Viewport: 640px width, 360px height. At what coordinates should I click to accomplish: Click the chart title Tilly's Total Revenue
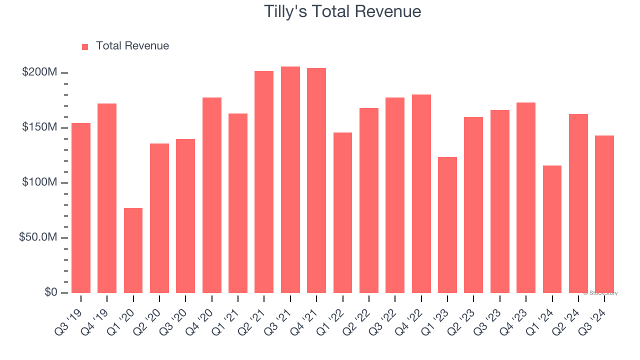(x=342, y=11)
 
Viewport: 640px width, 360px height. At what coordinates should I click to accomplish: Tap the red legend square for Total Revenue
(x=85, y=46)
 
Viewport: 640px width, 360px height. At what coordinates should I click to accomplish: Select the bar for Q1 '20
(x=133, y=250)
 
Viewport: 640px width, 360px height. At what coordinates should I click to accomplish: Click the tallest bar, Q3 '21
(x=290, y=180)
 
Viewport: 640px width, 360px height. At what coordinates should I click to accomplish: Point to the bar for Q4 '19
(x=107, y=198)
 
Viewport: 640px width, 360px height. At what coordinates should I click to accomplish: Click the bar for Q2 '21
(x=264, y=182)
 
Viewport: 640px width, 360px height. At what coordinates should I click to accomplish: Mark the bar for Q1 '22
(x=342, y=212)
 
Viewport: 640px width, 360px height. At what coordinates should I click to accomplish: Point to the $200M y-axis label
(x=39, y=72)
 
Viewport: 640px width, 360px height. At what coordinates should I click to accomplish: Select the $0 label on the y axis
(x=50, y=292)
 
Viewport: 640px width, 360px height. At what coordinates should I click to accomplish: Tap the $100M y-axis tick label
(x=39, y=182)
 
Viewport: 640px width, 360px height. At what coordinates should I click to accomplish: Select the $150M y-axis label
(x=39, y=127)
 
